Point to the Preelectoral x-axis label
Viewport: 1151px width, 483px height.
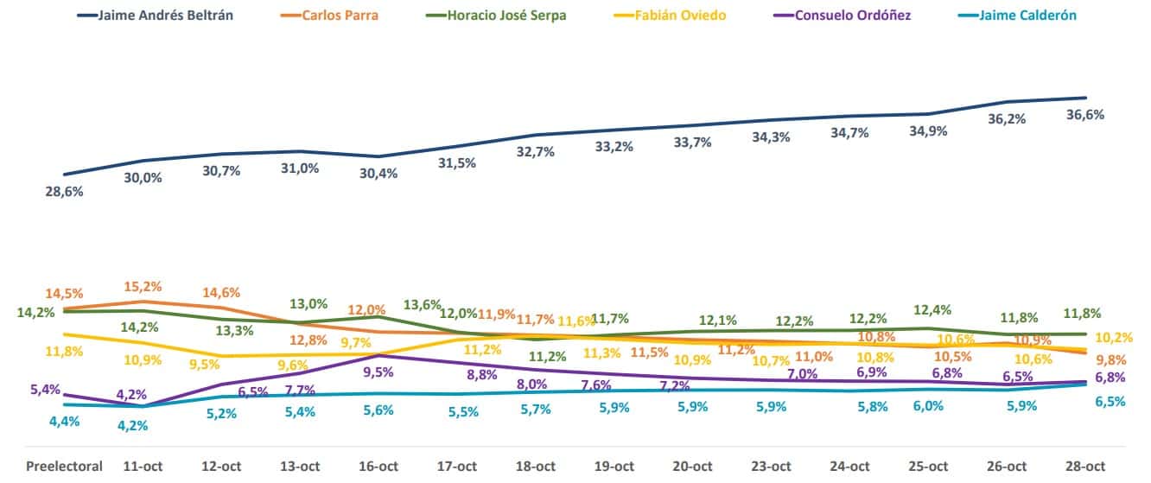[x=64, y=466]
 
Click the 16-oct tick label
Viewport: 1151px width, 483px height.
[x=378, y=466]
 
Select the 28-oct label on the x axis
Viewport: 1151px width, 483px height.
[x=1086, y=466]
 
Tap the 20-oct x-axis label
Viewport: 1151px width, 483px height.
[x=693, y=466]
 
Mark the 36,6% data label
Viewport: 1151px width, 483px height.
[x=1085, y=114]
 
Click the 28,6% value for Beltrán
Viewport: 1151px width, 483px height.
[x=64, y=192]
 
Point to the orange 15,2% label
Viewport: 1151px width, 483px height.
[x=143, y=286]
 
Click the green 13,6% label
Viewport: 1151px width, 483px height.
[x=423, y=305]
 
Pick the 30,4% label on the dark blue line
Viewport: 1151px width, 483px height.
[x=378, y=173]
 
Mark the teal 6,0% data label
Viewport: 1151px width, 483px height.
[x=928, y=406]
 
